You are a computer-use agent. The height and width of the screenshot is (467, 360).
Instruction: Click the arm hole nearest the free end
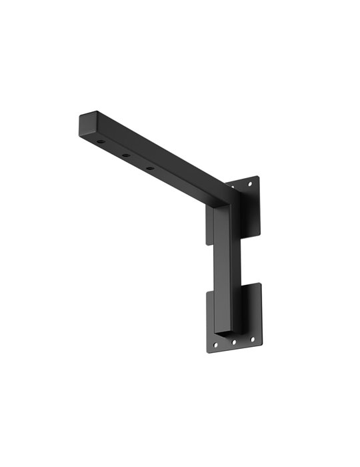(x=100, y=142)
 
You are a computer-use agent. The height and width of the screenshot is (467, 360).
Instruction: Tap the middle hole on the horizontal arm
(x=125, y=155)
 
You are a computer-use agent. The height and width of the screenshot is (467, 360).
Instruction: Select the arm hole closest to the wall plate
(x=150, y=167)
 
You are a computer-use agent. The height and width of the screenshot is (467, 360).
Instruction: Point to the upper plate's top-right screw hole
(x=250, y=183)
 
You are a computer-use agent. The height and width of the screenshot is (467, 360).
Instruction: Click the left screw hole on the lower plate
(x=215, y=345)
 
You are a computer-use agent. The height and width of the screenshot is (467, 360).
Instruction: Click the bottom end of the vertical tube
(x=227, y=331)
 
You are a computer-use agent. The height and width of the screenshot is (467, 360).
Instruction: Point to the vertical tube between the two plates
(x=225, y=267)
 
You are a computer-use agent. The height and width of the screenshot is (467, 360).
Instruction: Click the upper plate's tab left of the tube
(x=209, y=227)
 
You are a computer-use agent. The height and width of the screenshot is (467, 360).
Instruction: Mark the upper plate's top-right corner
(x=257, y=177)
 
